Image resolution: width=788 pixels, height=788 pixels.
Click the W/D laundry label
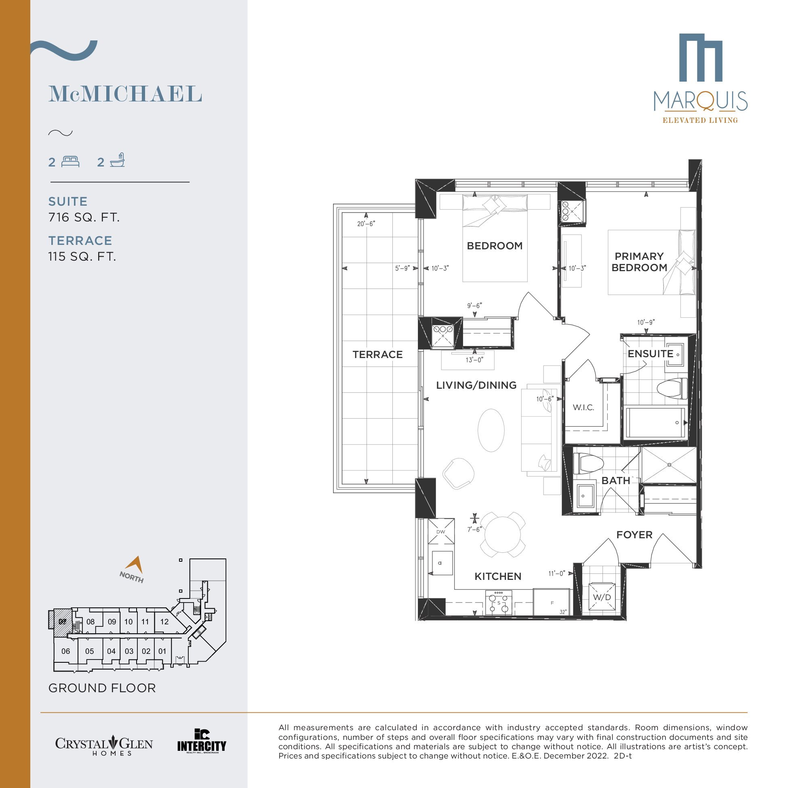pyautogui.click(x=602, y=598)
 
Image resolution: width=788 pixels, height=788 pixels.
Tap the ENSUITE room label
pyautogui.click(x=650, y=354)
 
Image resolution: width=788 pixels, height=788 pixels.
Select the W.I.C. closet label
pyautogui.click(x=583, y=407)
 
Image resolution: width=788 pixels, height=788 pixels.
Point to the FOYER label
pyautogui.click(x=634, y=535)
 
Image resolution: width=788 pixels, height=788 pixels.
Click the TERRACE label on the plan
pyautogui.click(x=377, y=354)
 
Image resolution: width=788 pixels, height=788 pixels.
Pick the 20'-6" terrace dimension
pyautogui.click(x=366, y=223)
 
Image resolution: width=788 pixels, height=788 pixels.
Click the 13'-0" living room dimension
pyautogui.click(x=474, y=360)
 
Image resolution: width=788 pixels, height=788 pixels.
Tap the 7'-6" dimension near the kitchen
pyautogui.click(x=474, y=529)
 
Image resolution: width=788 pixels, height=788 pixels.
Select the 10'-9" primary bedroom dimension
pyautogui.click(x=646, y=322)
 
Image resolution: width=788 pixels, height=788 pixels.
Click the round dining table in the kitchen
pyautogui.click(x=502, y=535)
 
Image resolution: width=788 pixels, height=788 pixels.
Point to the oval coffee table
pyautogui.click(x=491, y=430)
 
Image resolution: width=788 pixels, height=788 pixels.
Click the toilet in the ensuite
pyautogui.click(x=672, y=389)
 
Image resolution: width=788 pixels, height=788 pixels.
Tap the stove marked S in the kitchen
pyautogui.click(x=498, y=603)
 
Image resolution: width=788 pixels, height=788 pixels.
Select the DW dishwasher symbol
pyautogui.click(x=441, y=531)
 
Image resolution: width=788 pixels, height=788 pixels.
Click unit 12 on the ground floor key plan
pyautogui.click(x=164, y=622)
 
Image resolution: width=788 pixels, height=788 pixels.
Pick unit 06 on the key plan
pyautogui.click(x=65, y=651)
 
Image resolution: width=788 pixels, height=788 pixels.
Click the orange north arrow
pyautogui.click(x=134, y=565)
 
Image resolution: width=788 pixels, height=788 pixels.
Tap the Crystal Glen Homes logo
pyautogui.click(x=104, y=746)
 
